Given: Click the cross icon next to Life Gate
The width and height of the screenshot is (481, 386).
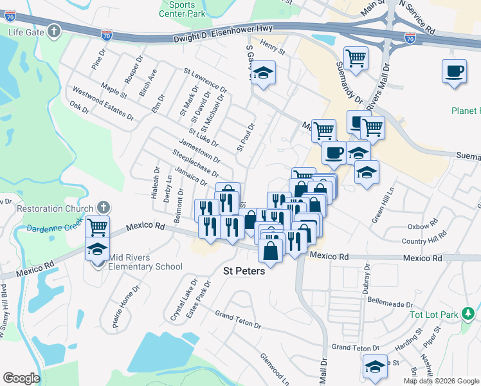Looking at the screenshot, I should (x=55, y=32).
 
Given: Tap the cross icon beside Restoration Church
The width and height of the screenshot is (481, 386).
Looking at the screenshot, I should (x=102, y=208).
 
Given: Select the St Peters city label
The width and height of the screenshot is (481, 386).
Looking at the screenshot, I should (x=244, y=271).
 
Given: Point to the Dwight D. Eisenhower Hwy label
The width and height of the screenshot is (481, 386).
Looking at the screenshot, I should (x=223, y=35).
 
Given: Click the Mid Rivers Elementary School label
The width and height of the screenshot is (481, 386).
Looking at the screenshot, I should (x=145, y=262).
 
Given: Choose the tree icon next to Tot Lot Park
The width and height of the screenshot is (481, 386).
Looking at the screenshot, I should (x=471, y=315).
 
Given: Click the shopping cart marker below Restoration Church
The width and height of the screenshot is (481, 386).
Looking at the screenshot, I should (x=98, y=226).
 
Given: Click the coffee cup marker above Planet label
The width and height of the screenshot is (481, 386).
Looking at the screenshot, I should (x=454, y=70).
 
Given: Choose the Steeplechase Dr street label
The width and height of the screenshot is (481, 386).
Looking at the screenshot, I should (x=195, y=162).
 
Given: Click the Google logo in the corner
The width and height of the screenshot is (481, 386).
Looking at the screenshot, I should (x=21, y=378).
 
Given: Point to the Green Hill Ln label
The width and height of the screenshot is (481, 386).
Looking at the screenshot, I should (x=383, y=205).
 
